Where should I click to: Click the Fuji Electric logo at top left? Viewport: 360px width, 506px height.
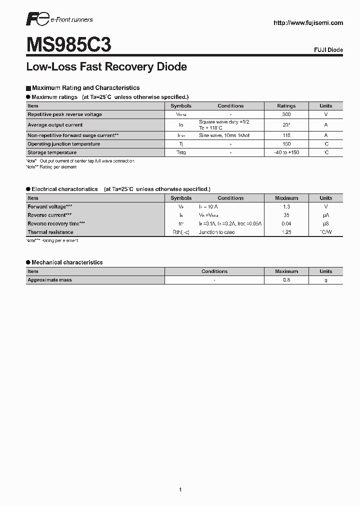pos(37,19)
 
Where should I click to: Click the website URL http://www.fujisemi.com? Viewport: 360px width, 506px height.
pos(308,22)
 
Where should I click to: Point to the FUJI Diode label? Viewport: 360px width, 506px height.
pos(328,50)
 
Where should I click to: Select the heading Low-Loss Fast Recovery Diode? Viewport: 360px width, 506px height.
pos(106,66)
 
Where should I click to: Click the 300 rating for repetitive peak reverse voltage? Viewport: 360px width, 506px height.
pos(286,114)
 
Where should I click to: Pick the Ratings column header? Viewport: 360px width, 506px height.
pos(286,106)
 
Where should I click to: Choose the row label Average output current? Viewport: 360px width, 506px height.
pos(55,125)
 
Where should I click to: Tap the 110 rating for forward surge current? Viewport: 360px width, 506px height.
pos(286,135)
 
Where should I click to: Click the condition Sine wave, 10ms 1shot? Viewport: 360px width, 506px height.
pos(224,135)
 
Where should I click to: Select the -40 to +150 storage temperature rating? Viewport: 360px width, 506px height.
pos(286,152)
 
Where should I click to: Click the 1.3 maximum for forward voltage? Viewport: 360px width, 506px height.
pos(286,206)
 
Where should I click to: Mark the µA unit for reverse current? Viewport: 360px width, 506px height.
pos(326,215)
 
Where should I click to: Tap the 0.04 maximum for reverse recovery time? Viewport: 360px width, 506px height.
pos(286,223)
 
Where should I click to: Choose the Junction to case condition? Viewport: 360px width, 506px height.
pos(216,232)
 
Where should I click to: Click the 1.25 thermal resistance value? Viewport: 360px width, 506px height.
pos(286,232)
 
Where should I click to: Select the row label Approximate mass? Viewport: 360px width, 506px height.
pos(50,280)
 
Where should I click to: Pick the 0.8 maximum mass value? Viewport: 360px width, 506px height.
pos(286,280)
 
